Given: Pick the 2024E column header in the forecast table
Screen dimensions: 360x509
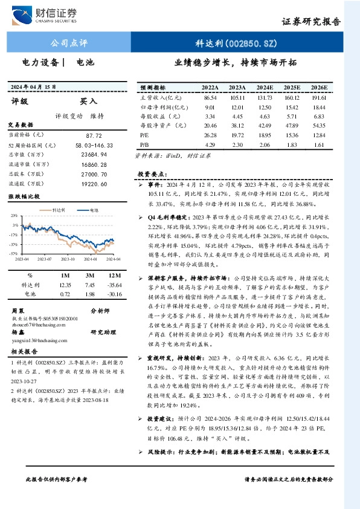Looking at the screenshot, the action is pyautogui.click(x=264, y=87).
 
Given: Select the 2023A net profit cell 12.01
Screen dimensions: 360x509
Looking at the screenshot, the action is pyautogui.click(x=237, y=106).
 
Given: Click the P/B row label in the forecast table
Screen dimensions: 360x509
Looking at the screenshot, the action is pyautogui.click(x=144, y=145).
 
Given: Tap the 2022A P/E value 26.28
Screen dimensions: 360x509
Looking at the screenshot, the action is pyautogui.click(x=210, y=135).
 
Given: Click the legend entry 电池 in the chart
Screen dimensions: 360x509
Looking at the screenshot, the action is pyautogui.click(x=94, y=210).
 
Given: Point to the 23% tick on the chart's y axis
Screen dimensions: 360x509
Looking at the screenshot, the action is pyautogui.click(x=13, y=215).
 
